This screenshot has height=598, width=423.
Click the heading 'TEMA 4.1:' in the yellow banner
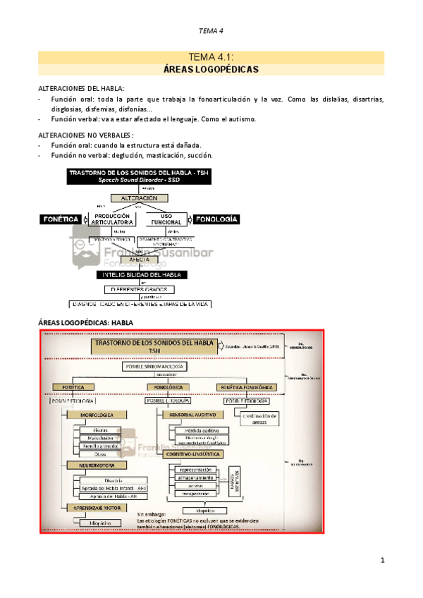pyautogui.click(x=211, y=57)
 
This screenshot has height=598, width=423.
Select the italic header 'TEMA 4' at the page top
pyautogui.click(x=211, y=30)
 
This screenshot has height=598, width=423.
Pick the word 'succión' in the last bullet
pyautogui.click(x=198, y=154)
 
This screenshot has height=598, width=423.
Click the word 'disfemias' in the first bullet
pyautogui.click(x=104, y=109)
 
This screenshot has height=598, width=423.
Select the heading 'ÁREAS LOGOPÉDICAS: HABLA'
pyautogui.click(x=85, y=322)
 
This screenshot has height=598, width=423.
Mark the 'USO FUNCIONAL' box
pyautogui.click(x=167, y=219)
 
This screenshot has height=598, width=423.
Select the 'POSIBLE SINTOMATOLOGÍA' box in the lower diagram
pyautogui.click(x=157, y=367)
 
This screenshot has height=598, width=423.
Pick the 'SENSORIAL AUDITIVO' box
pyautogui.click(x=192, y=415)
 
